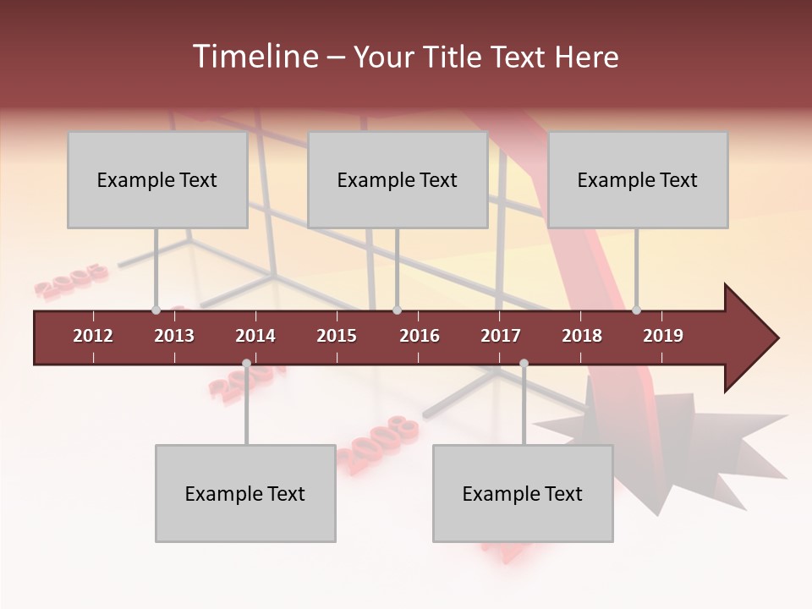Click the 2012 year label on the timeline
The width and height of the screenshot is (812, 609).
[93, 336]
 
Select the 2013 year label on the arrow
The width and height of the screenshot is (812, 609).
[174, 336]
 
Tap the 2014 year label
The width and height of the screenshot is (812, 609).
[255, 336]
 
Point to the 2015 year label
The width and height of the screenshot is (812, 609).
[337, 336]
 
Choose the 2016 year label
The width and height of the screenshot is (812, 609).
[420, 336]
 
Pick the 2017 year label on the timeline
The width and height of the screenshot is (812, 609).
[501, 336]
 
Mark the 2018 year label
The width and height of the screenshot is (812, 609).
[582, 336]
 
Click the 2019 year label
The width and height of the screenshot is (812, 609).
[663, 336]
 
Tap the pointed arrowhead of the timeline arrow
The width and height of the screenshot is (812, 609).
[757, 338]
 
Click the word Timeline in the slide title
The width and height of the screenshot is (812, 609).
[254, 57]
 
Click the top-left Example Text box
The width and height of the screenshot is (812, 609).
[157, 180]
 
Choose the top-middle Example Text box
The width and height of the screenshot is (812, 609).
[398, 180]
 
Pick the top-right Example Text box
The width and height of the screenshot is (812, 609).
[638, 180]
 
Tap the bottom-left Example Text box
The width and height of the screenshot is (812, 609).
[245, 494]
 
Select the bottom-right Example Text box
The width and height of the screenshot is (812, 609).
[523, 494]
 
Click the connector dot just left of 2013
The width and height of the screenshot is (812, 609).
[156, 310]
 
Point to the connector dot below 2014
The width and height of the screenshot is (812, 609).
[246, 364]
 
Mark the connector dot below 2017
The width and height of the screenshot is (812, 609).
[524, 364]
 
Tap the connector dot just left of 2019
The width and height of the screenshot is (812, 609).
[636, 310]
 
